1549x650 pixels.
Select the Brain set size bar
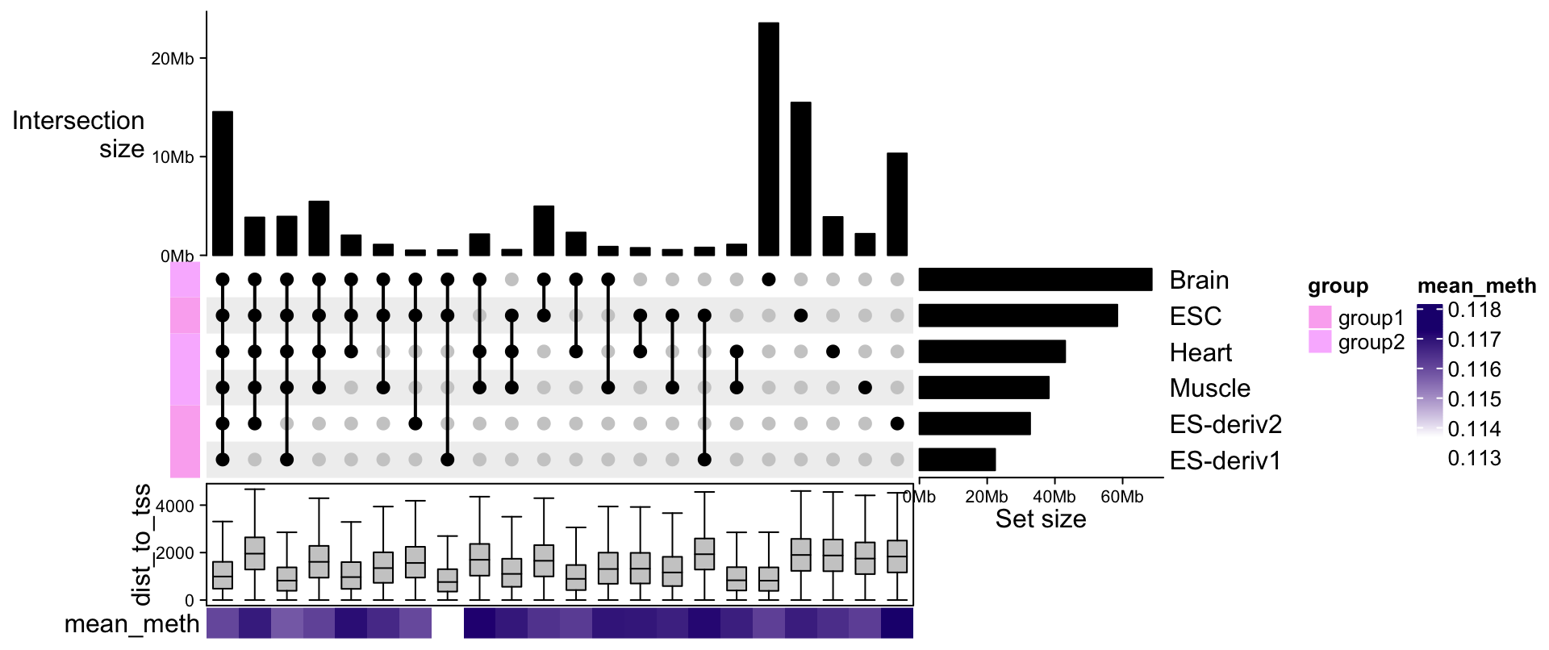coord(1035,279)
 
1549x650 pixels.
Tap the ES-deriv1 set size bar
coord(957,460)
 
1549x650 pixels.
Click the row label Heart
coord(1200,352)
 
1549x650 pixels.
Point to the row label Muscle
coord(1209,388)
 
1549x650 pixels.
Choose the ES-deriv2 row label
coord(1225,424)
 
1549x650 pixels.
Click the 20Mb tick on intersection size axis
coord(173,59)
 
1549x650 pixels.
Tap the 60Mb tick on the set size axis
coord(1121,497)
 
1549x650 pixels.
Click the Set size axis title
coord(1040,519)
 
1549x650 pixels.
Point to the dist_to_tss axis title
coord(142,544)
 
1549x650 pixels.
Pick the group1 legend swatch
coord(1320,317)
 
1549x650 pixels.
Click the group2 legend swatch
coord(1320,341)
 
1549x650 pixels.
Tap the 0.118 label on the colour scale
coord(1474,310)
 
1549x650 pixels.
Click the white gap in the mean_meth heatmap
coord(448,623)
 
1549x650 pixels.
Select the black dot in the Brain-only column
coord(769,280)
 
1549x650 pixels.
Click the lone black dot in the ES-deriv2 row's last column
coord(896,423)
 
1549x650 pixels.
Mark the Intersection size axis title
coord(79,135)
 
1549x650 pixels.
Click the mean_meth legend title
coord(1476,286)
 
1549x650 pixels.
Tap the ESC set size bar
coord(1018,315)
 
